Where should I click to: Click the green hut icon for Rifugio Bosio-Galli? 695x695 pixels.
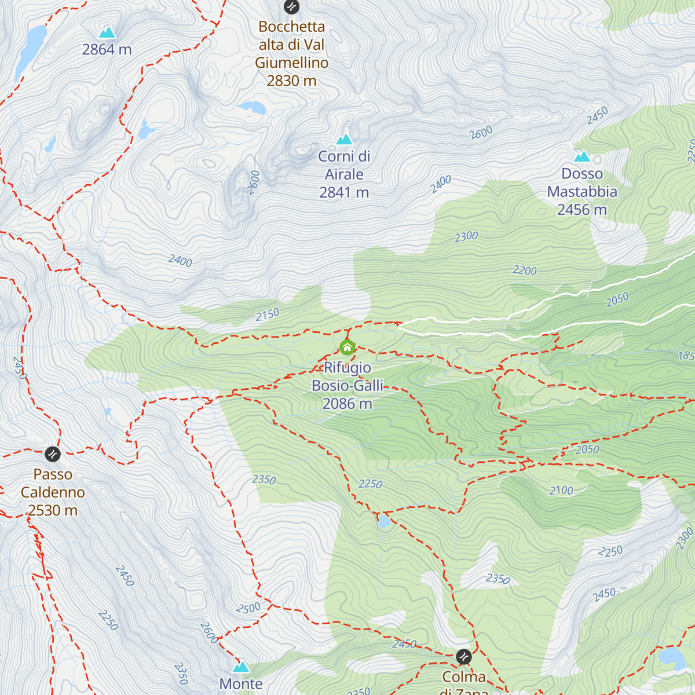click(x=347, y=348)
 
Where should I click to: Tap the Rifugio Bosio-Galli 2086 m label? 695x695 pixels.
click(x=348, y=386)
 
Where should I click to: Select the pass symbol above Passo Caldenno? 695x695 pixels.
click(x=53, y=453)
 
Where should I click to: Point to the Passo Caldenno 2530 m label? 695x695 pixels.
click(x=53, y=492)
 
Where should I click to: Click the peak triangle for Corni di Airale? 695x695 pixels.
click(x=345, y=140)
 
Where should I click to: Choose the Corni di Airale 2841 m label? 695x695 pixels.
click(x=345, y=174)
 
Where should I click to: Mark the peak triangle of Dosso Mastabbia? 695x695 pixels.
click(x=581, y=156)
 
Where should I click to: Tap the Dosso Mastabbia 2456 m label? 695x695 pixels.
click(x=582, y=192)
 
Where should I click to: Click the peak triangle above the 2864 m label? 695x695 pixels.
click(x=107, y=32)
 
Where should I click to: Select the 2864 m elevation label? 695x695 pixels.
click(x=107, y=50)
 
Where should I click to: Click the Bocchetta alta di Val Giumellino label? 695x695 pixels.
click(x=292, y=54)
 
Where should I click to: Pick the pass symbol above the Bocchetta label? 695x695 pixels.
click(x=291, y=7)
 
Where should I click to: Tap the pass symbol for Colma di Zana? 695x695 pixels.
click(x=463, y=657)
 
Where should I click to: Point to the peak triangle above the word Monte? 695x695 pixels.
click(x=240, y=667)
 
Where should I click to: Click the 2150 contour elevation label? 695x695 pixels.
click(x=268, y=314)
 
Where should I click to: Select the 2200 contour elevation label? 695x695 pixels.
click(x=525, y=270)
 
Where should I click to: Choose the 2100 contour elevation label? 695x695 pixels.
click(x=561, y=491)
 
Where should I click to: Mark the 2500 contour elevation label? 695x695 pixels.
click(x=248, y=608)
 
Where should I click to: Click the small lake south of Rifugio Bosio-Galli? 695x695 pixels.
click(x=383, y=522)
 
